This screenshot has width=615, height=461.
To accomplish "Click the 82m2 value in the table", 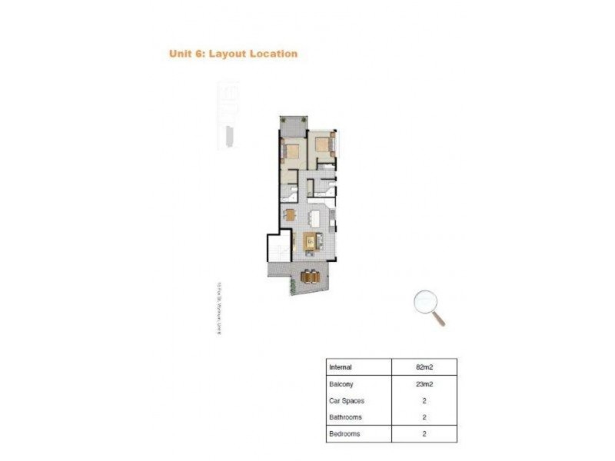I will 424,367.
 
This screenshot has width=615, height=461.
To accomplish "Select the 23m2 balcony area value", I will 424,384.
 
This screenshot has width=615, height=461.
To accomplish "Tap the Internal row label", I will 341,367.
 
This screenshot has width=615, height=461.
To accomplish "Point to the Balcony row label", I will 341,384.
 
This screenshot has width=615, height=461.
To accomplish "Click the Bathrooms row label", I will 345,417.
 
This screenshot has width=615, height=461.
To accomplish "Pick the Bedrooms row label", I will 345,434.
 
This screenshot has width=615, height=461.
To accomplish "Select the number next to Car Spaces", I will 424,401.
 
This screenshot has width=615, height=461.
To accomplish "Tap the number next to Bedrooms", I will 424,434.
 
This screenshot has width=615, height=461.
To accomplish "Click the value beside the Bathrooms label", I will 424,417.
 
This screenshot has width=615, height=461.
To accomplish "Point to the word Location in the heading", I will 272,54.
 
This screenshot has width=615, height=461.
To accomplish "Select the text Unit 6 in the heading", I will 186,54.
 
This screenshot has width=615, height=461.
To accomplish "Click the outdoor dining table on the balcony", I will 309,275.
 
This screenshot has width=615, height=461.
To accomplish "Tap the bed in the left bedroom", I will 291,150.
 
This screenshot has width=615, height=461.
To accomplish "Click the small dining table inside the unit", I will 290,214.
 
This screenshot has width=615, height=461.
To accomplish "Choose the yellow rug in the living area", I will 311,242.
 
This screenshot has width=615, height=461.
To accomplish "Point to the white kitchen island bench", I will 314,217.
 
